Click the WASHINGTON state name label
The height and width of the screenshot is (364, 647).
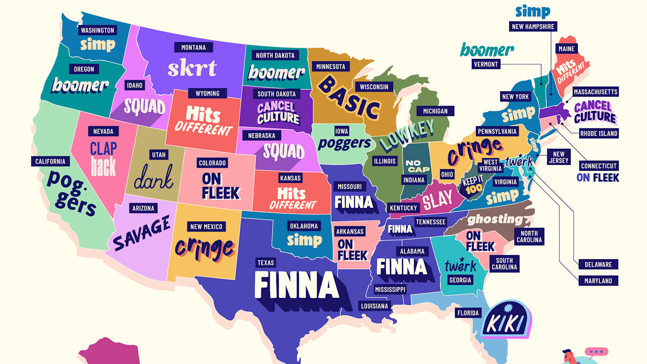pos(97,31)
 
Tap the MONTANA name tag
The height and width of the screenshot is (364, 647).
pos(193,47)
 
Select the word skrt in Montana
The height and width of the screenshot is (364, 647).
pos(192,68)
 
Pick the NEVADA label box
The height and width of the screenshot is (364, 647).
pos(103,131)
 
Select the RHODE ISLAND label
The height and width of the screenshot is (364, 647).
pos(598,133)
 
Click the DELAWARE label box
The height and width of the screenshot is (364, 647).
pos(598,264)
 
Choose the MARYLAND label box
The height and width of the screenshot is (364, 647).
pos(598,281)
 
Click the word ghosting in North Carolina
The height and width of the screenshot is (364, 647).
pos(495,220)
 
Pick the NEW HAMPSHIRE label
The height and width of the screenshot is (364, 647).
pos(533,27)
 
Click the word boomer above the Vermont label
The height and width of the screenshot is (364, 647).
pos(487,50)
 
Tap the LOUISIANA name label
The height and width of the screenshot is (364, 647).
pos(374,306)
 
